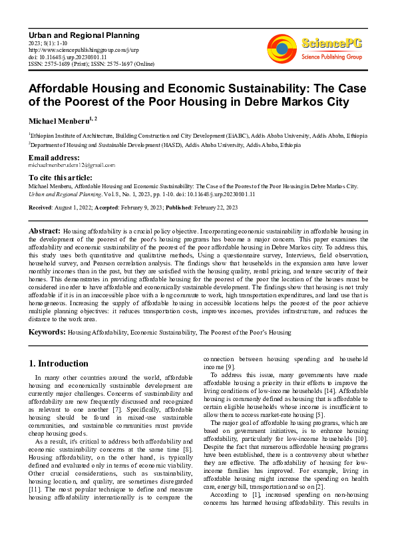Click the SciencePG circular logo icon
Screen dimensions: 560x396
pos(282,49)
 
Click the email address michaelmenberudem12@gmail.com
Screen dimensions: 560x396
pos(71,165)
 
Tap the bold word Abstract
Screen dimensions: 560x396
pos(44,231)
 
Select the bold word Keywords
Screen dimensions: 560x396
pos(47,331)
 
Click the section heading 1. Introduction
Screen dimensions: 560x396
pos(59,363)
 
